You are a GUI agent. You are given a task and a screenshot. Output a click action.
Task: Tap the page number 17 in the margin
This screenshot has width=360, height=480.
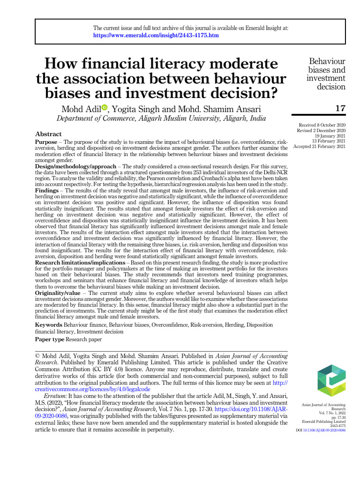coord(340,109)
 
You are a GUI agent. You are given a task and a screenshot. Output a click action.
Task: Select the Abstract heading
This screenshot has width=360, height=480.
coord(48,134)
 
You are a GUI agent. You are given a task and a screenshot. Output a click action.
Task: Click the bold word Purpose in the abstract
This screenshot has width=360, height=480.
coord(47,142)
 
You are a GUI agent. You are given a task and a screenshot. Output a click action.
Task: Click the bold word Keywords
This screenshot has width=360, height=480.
coord(49,325)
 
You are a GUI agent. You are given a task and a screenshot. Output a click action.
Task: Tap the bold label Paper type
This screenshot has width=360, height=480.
coord(50,339)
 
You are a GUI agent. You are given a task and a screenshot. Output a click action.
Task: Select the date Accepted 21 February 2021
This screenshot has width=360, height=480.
coord(319,147)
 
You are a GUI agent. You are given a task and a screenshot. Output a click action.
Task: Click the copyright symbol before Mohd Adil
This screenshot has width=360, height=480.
coord(38,356)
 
